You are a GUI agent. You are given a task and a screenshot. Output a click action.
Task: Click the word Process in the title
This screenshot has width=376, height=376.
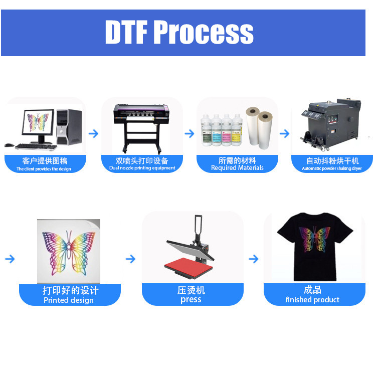[x=204, y=32]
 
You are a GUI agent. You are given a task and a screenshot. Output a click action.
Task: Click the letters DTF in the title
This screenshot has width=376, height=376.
[x=126, y=32]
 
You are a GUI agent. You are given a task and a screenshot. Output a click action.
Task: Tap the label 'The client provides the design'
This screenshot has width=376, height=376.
[x=44, y=169]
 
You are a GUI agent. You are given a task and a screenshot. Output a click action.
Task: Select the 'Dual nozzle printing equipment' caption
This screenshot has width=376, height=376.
[x=142, y=168]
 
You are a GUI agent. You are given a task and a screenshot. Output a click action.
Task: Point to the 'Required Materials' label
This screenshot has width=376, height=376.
[x=237, y=168]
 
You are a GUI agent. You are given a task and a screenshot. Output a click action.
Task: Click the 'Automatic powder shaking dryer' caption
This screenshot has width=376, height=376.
[x=332, y=168]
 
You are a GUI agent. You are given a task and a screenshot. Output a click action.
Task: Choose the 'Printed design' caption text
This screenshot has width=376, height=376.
[x=69, y=300]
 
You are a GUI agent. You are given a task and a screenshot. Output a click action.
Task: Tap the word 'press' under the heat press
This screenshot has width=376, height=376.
[x=191, y=300]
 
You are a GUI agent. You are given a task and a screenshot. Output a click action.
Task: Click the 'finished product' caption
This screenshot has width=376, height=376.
[x=312, y=300]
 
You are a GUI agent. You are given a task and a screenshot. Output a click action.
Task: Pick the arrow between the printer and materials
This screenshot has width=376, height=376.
[x=190, y=134]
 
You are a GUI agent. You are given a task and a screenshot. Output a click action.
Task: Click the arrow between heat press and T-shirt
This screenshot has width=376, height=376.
[x=254, y=259]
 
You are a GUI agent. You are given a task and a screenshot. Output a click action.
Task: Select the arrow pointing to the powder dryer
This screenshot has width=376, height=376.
[x=284, y=134]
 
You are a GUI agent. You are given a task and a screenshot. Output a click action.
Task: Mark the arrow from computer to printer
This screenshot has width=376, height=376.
[x=93, y=134]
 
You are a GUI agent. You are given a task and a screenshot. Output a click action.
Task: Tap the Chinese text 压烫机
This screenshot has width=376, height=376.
[x=191, y=290]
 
